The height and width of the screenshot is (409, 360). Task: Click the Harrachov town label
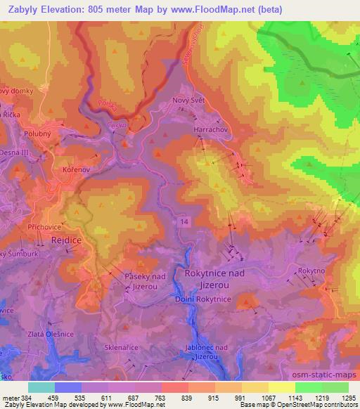(x=210, y=129)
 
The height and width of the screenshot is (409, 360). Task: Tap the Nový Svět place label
(x=188, y=101)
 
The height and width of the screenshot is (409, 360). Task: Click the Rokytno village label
(x=311, y=270)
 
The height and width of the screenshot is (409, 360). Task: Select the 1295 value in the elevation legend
(x=340, y=397)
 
